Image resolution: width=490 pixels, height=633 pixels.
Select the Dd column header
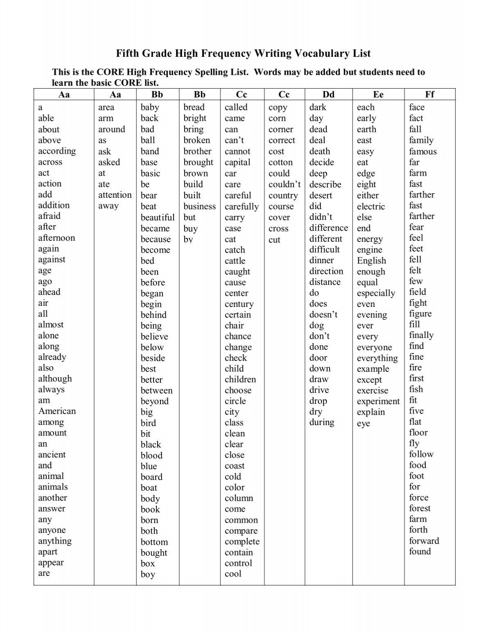328,95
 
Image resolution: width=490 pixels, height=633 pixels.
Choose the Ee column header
378,95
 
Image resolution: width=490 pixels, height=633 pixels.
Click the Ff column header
430,95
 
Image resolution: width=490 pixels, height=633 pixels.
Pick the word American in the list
57,411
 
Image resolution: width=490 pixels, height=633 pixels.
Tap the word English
371,261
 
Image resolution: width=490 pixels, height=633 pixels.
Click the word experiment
378,401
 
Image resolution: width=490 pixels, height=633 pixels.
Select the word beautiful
158,217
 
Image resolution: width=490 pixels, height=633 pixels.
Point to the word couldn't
285,184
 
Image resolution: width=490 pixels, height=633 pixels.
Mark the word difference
328,228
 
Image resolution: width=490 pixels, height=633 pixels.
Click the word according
57,151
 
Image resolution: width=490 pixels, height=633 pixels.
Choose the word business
200,206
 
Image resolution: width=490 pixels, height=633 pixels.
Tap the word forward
424,541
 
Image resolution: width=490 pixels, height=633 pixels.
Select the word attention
115,195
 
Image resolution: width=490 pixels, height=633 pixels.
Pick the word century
239,304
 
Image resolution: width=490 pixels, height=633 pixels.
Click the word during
322,422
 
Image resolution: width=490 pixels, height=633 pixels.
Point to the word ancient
52,454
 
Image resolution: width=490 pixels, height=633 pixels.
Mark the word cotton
281,162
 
